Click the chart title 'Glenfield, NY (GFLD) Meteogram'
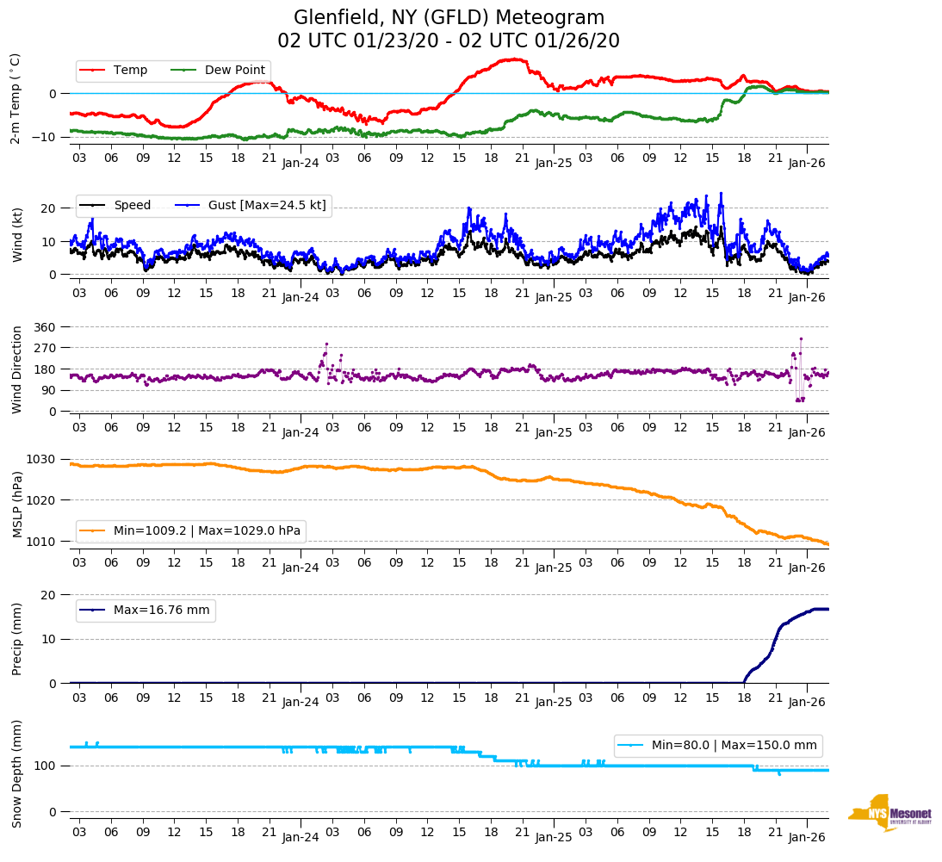point(449,17)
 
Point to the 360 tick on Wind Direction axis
point(45,327)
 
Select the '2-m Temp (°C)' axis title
point(15,98)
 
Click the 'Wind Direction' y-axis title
point(17,369)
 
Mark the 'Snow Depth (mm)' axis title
point(17,774)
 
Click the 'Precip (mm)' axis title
point(17,638)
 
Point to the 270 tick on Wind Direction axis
point(45,348)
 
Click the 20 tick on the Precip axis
point(50,595)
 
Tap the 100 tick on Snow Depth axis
point(45,766)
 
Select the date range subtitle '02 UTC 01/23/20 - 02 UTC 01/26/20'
point(449,41)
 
